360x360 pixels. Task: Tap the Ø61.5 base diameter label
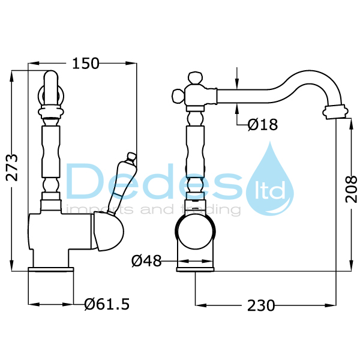(x=107, y=304)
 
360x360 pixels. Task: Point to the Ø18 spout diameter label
(x=262, y=125)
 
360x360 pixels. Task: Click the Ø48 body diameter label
(x=146, y=261)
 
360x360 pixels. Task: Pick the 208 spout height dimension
(x=352, y=188)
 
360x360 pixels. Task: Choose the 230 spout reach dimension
(x=261, y=305)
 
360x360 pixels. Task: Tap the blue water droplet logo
(x=271, y=179)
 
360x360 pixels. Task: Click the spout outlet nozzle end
(x=335, y=110)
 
